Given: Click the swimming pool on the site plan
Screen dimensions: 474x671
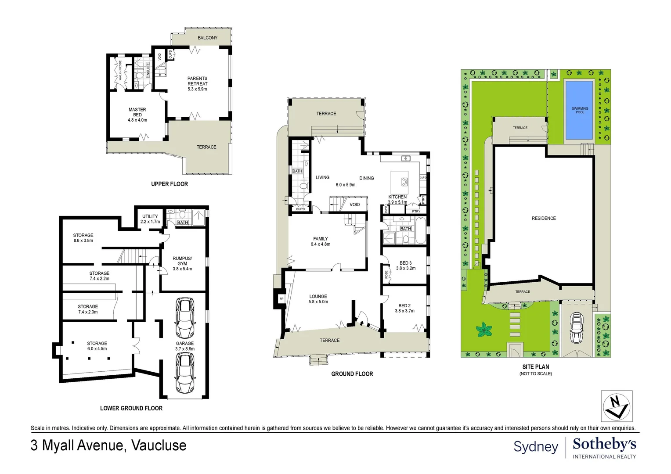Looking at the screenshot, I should pos(580,110).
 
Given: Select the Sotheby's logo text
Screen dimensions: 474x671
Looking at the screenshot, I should pos(604,444).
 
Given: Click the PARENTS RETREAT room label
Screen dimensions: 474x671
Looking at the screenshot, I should pos(197,83).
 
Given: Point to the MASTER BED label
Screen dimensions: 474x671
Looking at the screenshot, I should pos(137,115).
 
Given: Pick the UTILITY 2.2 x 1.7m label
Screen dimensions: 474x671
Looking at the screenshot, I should pos(150,219).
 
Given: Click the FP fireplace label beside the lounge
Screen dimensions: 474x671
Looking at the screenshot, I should pos(281,299).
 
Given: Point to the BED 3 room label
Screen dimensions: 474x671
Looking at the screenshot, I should pos(405,266).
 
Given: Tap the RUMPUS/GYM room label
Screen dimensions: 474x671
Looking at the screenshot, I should pos(182,263).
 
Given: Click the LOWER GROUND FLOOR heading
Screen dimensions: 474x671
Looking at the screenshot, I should pos(131,408).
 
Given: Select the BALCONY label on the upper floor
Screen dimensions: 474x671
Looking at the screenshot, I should pos(207,38).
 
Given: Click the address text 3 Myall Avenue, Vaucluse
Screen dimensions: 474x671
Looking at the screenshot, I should pos(108,445).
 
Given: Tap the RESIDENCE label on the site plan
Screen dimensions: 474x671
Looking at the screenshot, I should pos(544,218).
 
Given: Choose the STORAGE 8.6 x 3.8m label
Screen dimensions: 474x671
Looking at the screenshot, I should pos(83,238).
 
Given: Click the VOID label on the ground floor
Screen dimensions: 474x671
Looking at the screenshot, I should pos(355,205).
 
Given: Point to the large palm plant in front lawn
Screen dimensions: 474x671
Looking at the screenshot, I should pos(484,329).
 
